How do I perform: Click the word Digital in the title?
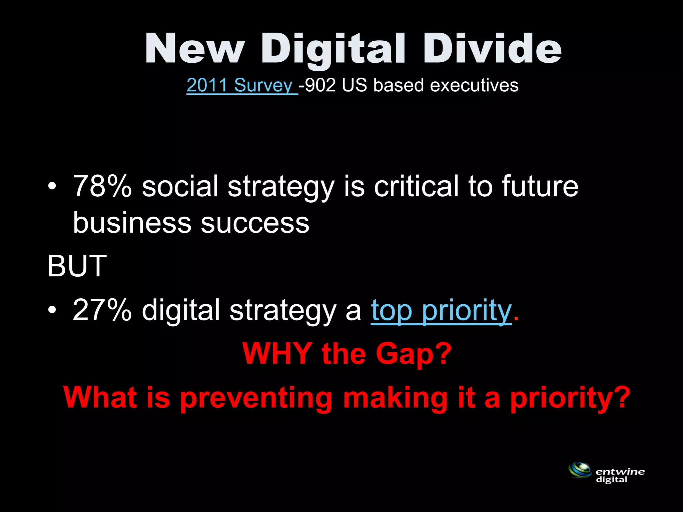click(333, 49)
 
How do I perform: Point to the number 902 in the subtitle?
click(320, 85)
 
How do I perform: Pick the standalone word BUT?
click(77, 266)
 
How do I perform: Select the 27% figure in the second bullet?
click(102, 310)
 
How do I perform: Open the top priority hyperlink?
click(441, 311)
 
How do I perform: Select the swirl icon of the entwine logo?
click(580, 470)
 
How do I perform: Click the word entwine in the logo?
click(620, 472)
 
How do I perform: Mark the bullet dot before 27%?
click(52, 310)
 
